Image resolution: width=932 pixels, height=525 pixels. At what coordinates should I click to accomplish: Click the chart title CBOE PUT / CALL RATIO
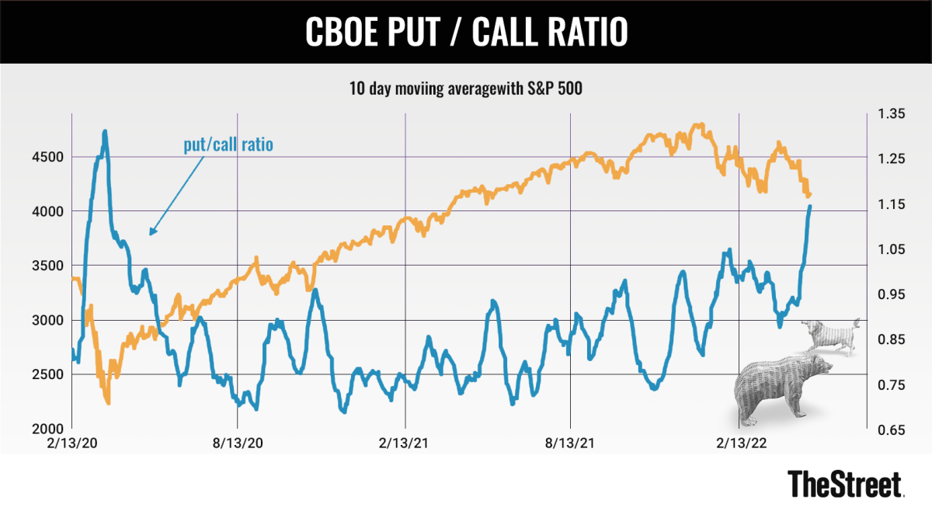465,32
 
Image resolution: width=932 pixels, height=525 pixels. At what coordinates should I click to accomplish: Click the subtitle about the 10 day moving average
465,89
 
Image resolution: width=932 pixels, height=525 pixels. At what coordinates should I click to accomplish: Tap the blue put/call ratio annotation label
228,145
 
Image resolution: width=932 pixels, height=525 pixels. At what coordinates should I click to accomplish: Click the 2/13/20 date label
71,443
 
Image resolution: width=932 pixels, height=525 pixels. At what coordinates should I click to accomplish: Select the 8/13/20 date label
237,443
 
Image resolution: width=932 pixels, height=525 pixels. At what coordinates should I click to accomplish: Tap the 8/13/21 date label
571,443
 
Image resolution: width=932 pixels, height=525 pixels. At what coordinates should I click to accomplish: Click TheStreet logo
845,484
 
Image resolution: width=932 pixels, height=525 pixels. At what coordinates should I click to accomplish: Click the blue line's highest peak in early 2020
105,132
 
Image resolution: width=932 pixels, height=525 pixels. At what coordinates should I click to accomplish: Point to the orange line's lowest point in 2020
108,402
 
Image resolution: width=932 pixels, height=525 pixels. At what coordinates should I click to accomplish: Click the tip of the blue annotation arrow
150,234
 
